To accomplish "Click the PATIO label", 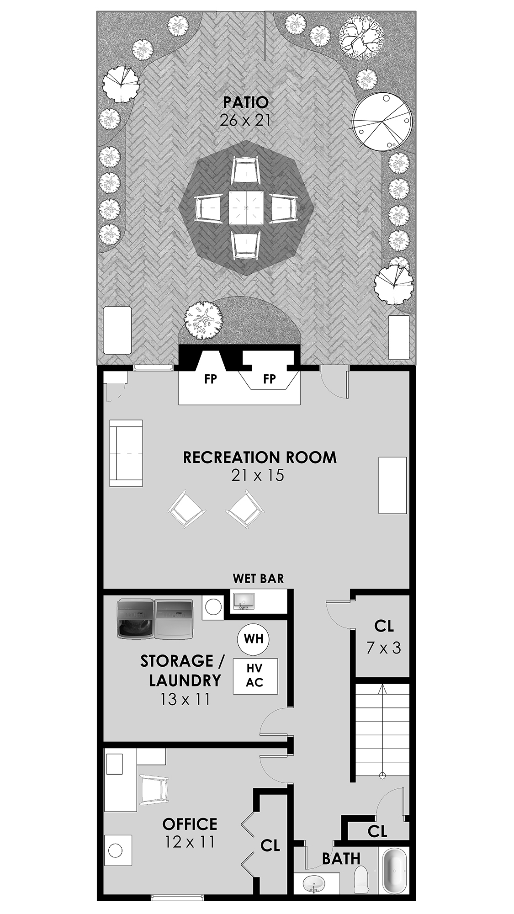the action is pyautogui.click(x=245, y=101).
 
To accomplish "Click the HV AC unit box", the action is pyautogui.click(x=255, y=676).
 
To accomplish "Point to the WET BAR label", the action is pyautogui.click(x=258, y=579).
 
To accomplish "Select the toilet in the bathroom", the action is pyautogui.click(x=361, y=878).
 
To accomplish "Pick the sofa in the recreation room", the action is pyautogui.click(x=126, y=453).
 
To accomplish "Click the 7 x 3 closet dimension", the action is pyautogui.click(x=384, y=647).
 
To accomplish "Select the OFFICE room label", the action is pyautogui.click(x=190, y=824).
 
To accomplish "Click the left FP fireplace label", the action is pyautogui.click(x=211, y=379).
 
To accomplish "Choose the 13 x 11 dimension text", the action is pyautogui.click(x=185, y=699).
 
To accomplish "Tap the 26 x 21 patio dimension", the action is pyautogui.click(x=245, y=120).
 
